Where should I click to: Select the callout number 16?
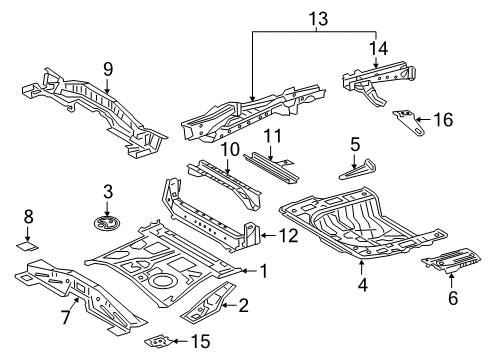tap(443, 120)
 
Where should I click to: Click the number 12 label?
tap(289, 236)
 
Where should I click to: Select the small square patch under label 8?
tap(28, 241)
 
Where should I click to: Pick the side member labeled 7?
tap(75, 291)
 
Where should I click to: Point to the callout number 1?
tap(264, 270)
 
